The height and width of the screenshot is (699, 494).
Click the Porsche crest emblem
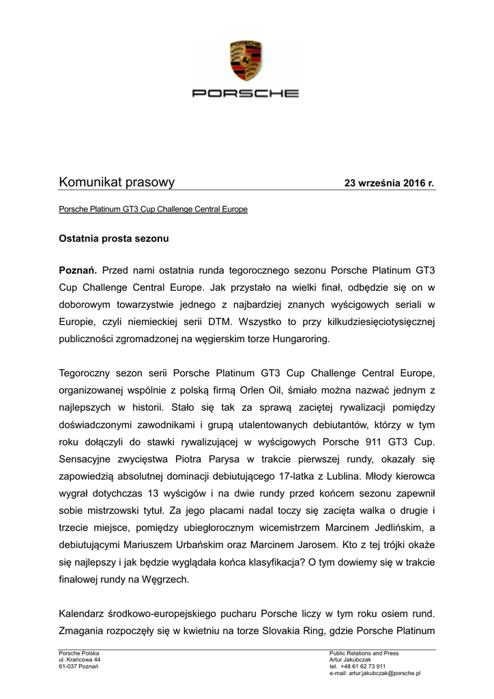[247, 61]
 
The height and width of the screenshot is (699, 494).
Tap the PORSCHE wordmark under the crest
[246, 94]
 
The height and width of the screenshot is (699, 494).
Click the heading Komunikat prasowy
[117, 182]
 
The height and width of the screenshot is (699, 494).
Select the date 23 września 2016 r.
[389, 184]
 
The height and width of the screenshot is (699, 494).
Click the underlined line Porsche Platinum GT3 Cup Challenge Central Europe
[154, 210]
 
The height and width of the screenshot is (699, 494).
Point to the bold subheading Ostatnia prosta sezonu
[113, 240]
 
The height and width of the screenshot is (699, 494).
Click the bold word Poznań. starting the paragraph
[78, 271]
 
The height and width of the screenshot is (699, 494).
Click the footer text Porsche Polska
[79, 654]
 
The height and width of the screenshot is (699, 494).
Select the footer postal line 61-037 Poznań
[79, 666]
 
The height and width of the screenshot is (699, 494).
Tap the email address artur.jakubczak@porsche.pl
[384, 673]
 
